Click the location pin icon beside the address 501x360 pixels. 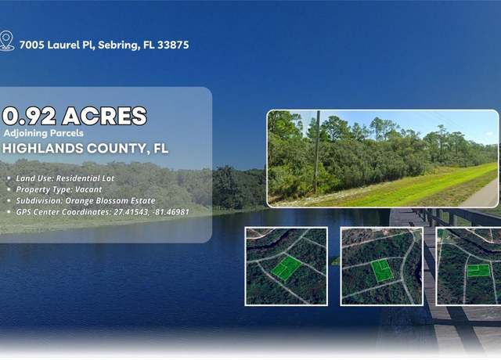click(x=7, y=41)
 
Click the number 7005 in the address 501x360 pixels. click(x=31, y=45)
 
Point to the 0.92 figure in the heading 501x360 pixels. click(x=29, y=116)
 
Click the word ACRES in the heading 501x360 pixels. click(x=104, y=116)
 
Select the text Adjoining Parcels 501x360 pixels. click(x=44, y=133)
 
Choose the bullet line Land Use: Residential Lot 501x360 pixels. click(x=65, y=178)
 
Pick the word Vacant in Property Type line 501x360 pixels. click(x=88, y=189)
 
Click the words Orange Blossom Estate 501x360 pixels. click(x=110, y=200)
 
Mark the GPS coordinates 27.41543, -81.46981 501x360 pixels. click(x=151, y=212)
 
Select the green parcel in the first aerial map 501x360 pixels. click(x=286, y=268)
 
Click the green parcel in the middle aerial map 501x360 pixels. click(x=382, y=271)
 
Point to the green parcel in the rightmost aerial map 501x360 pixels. click(x=478, y=271)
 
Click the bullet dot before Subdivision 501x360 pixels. click(x=9, y=201)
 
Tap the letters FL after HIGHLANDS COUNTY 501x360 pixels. click(x=161, y=149)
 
